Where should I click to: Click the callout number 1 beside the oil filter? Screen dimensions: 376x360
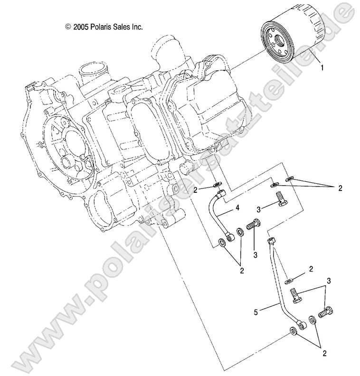(322, 67)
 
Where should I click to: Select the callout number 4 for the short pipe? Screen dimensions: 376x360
(249, 208)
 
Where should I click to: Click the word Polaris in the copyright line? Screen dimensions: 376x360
(99, 28)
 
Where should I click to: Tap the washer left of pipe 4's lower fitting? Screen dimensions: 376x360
(221, 244)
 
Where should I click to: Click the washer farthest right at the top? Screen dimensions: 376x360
(290, 179)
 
